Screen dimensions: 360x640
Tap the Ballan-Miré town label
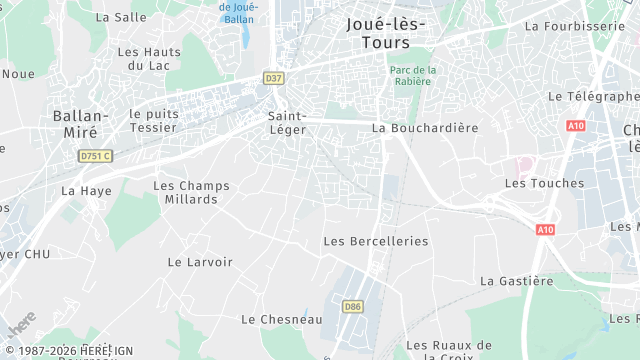click(x=75, y=124)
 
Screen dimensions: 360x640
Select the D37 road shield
click(x=273, y=76)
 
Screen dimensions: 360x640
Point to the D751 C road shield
click(x=96, y=156)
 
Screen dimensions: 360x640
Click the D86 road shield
click(x=351, y=306)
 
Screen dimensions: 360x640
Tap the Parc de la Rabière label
click(x=413, y=75)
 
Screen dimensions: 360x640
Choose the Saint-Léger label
click(x=286, y=123)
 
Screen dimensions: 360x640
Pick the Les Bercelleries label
click(x=375, y=241)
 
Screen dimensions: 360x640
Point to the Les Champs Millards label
click(x=191, y=192)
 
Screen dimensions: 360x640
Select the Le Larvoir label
click(x=200, y=262)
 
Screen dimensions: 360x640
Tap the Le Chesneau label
click(x=281, y=319)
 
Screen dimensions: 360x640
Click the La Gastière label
click(x=516, y=281)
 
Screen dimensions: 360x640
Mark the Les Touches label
click(x=544, y=183)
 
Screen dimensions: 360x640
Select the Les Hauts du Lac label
click(x=149, y=58)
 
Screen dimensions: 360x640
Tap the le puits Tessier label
click(x=153, y=120)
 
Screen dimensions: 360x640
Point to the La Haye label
click(x=86, y=190)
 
